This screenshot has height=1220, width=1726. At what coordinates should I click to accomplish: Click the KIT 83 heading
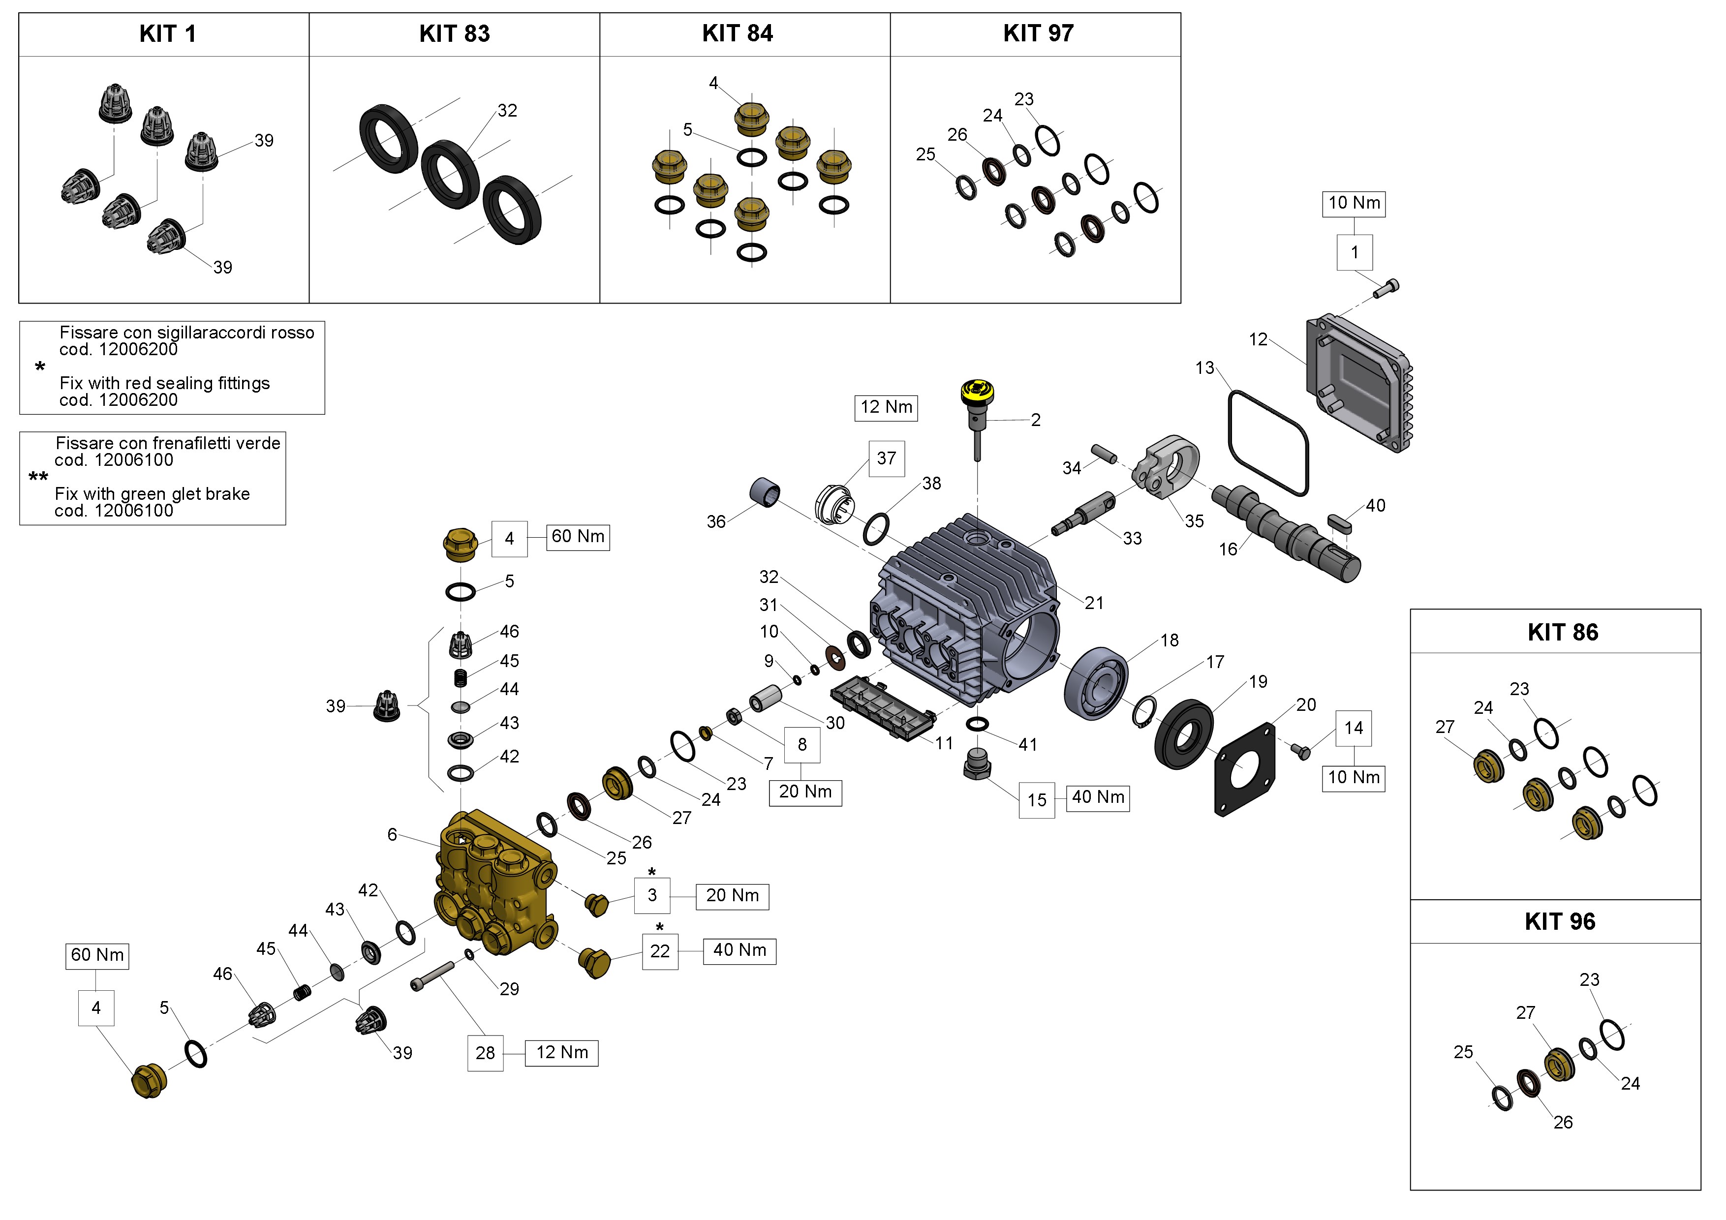click(x=454, y=34)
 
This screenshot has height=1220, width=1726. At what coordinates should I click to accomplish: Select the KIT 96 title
click(x=1559, y=921)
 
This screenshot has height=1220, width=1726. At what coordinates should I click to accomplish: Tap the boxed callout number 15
click(x=1037, y=800)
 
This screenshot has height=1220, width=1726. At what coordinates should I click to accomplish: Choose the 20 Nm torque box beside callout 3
click(x=732, y=896)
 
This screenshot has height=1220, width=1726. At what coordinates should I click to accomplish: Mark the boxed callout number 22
click(x=659, y=951)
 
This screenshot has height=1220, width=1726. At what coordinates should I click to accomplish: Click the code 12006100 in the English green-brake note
click(x=114, y=511)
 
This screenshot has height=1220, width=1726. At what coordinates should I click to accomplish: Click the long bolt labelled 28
click(x=432, y=976)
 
